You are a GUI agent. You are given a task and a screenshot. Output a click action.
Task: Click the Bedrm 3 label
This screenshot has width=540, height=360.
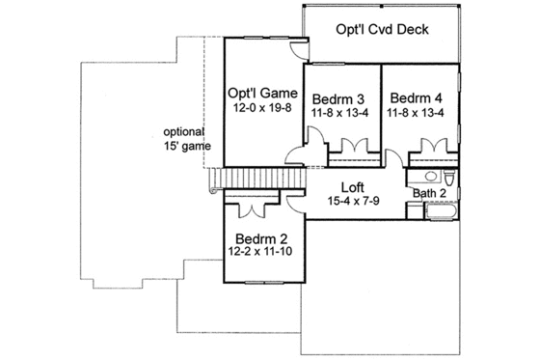pos(337,97)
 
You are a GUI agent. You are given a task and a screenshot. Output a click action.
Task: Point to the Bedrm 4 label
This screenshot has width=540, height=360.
pos(416,97)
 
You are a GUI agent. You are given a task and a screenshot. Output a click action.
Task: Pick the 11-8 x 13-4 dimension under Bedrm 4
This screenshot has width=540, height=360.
pos(416,113)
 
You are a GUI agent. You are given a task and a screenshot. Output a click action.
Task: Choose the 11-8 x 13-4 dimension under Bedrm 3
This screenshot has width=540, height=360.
pos(337,113)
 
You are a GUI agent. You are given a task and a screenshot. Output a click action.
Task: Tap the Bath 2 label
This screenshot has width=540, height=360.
pos(429,193)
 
